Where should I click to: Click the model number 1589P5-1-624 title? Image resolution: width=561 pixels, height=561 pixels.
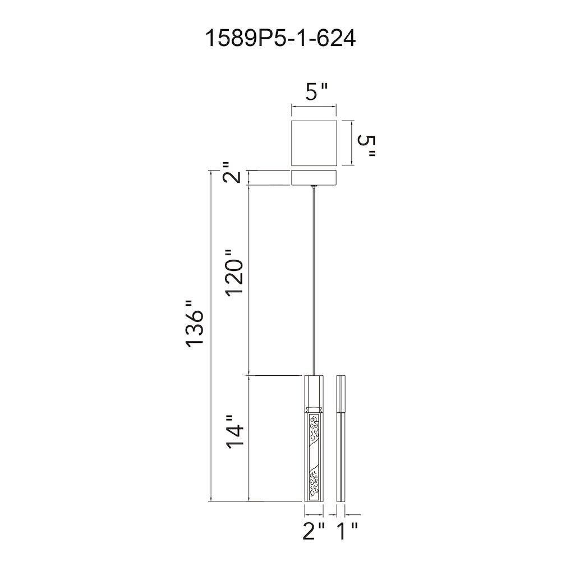coord(280,38)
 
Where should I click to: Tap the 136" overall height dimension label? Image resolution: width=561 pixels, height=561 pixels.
coord(195,323)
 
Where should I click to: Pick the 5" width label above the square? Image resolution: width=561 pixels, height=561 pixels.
coord(316,92)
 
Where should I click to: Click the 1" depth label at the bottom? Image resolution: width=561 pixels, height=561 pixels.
coord(347,531)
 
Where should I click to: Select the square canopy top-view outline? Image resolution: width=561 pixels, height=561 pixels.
coord(314,143)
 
